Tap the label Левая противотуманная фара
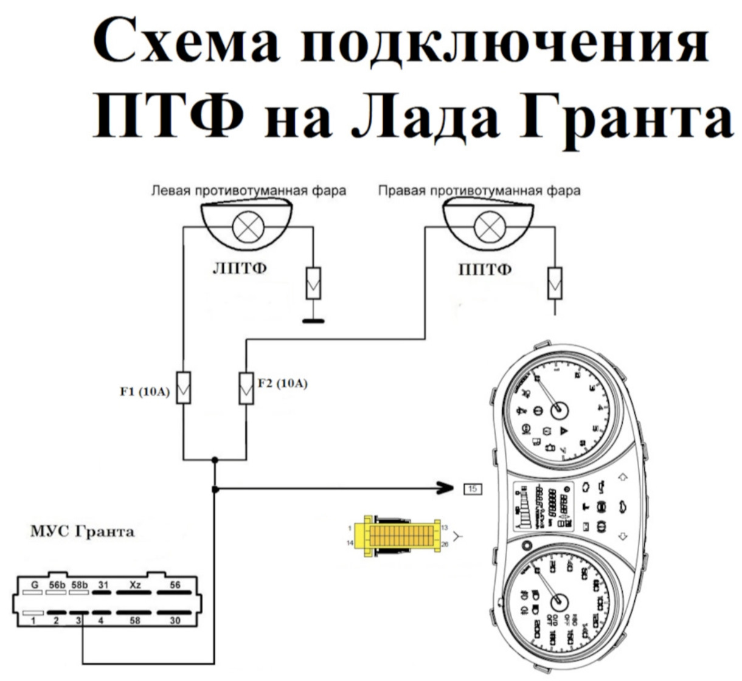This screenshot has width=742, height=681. (249, 191)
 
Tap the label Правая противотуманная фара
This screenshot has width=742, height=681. (479, 191)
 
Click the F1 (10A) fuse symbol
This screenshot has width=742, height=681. (184, 387)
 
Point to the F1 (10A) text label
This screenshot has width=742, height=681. (145, 392)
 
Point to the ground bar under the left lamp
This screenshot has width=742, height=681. (313, 320)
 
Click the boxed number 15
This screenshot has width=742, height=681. (473, 488)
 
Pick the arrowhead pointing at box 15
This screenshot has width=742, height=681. (445, 487)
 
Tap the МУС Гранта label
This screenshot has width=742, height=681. (83, 532)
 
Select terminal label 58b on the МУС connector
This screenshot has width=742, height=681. (80, 585)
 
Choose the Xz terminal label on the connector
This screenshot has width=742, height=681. (135, 585)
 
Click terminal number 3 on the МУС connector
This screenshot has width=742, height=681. (78, 621)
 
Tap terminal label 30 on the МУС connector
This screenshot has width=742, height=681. (175, 621)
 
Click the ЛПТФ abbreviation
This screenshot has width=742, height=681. (240, 269)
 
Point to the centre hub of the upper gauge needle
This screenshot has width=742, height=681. (559, 410)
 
